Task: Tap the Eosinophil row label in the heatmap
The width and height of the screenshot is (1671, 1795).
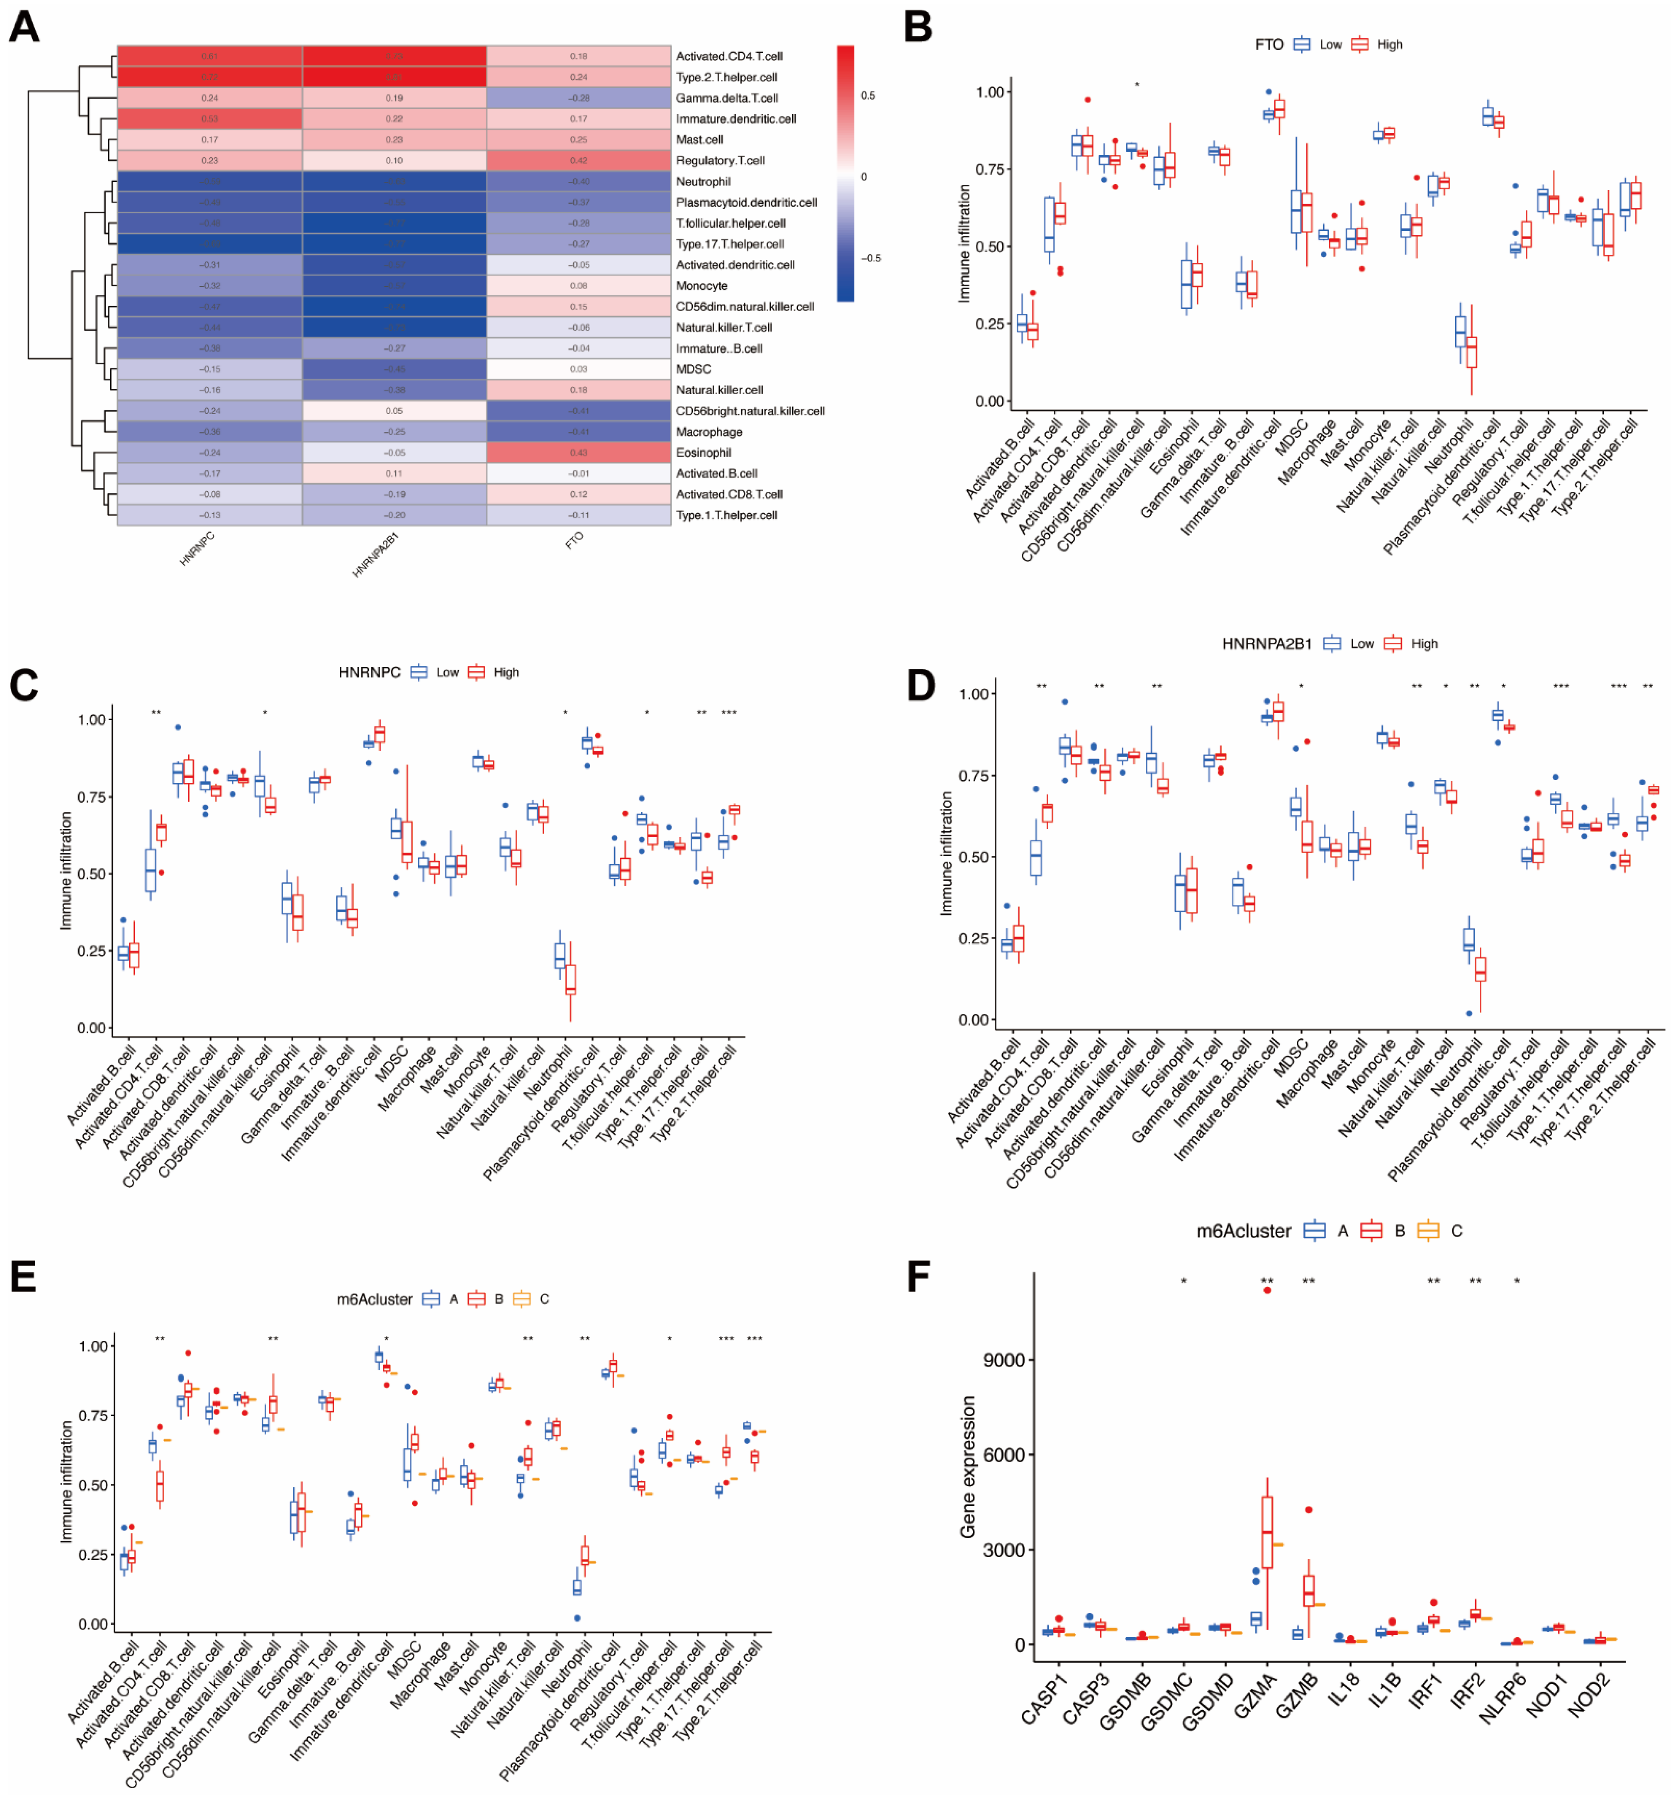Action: (703, 452)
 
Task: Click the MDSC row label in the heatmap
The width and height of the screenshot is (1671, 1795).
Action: (693, 369)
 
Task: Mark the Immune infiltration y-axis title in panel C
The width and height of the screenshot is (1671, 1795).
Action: (66, 870)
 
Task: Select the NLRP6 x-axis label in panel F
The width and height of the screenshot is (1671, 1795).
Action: (1502, 1698)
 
